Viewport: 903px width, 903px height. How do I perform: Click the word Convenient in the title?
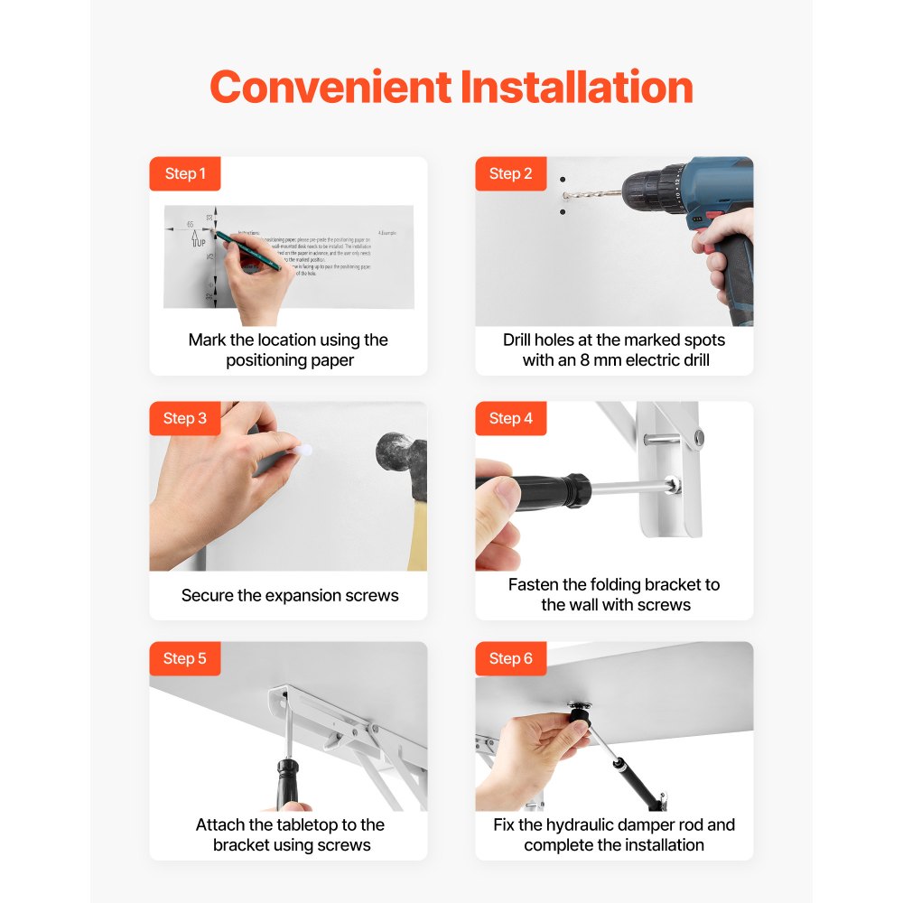click(330, 88)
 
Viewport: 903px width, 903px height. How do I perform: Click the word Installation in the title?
click(576, 88)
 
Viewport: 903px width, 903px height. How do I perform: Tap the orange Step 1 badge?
click(185, 173)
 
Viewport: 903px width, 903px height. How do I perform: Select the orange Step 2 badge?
click(511, 173)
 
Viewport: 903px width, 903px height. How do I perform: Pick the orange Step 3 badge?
click(185, 418)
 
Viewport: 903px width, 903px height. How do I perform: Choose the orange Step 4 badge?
click(511, 418)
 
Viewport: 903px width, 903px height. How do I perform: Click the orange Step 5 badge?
click(185, 658)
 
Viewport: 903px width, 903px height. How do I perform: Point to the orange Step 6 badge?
click(511, 658)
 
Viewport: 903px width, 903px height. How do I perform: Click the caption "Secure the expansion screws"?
click(289, 595)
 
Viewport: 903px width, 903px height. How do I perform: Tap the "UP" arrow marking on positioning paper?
click(199, 241)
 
